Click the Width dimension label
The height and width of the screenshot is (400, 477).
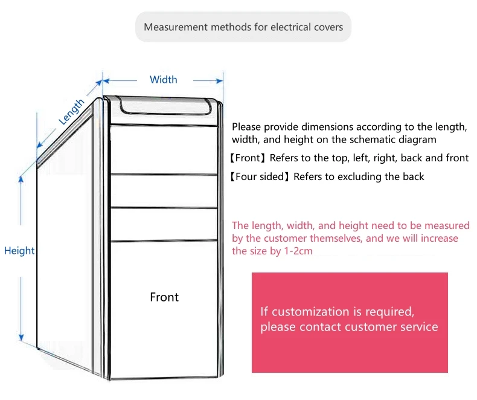(164, 80)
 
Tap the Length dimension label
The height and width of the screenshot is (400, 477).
(72, 112)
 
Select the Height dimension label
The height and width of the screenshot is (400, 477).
(19, 251)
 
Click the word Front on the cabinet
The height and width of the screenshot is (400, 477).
(164, 297)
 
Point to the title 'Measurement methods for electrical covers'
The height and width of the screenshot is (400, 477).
(243, 27)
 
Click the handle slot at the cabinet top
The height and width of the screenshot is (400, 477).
(165, 107)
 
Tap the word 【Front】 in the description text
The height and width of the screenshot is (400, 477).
(248, 158)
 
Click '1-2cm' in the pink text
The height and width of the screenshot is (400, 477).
(298, 251)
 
